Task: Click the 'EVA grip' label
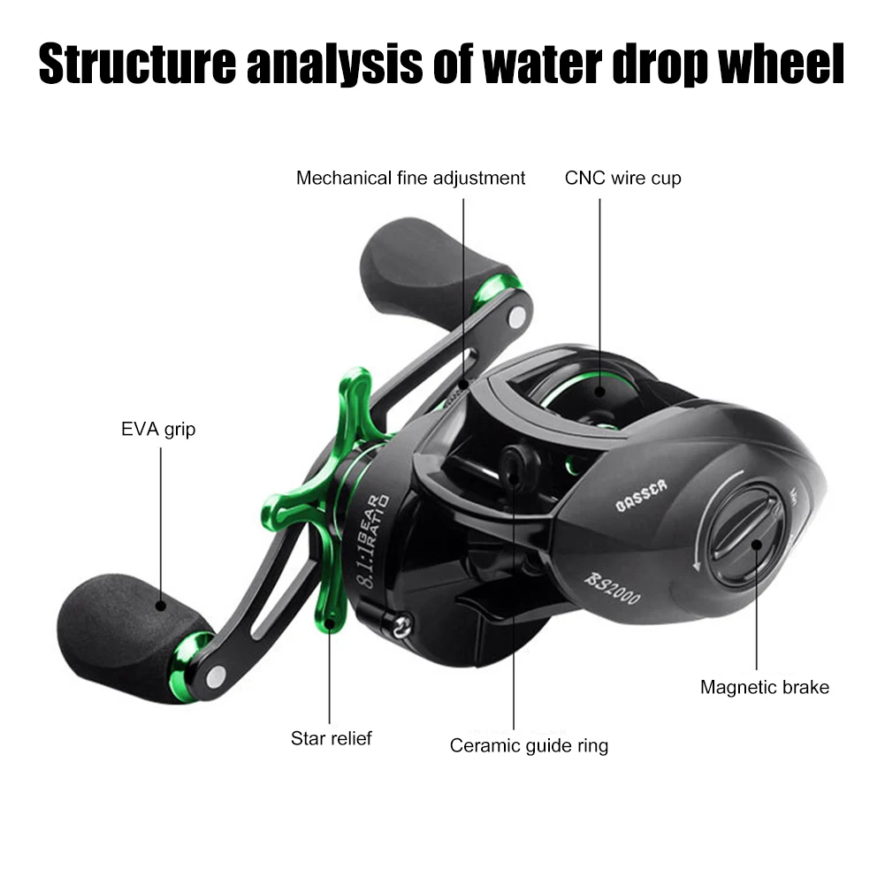point(158,431)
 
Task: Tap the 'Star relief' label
point(332,737)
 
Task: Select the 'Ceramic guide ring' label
point(529,745)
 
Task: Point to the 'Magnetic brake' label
point(765,686)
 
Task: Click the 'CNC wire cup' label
point(622,179)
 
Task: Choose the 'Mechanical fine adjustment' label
point(410,179)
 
